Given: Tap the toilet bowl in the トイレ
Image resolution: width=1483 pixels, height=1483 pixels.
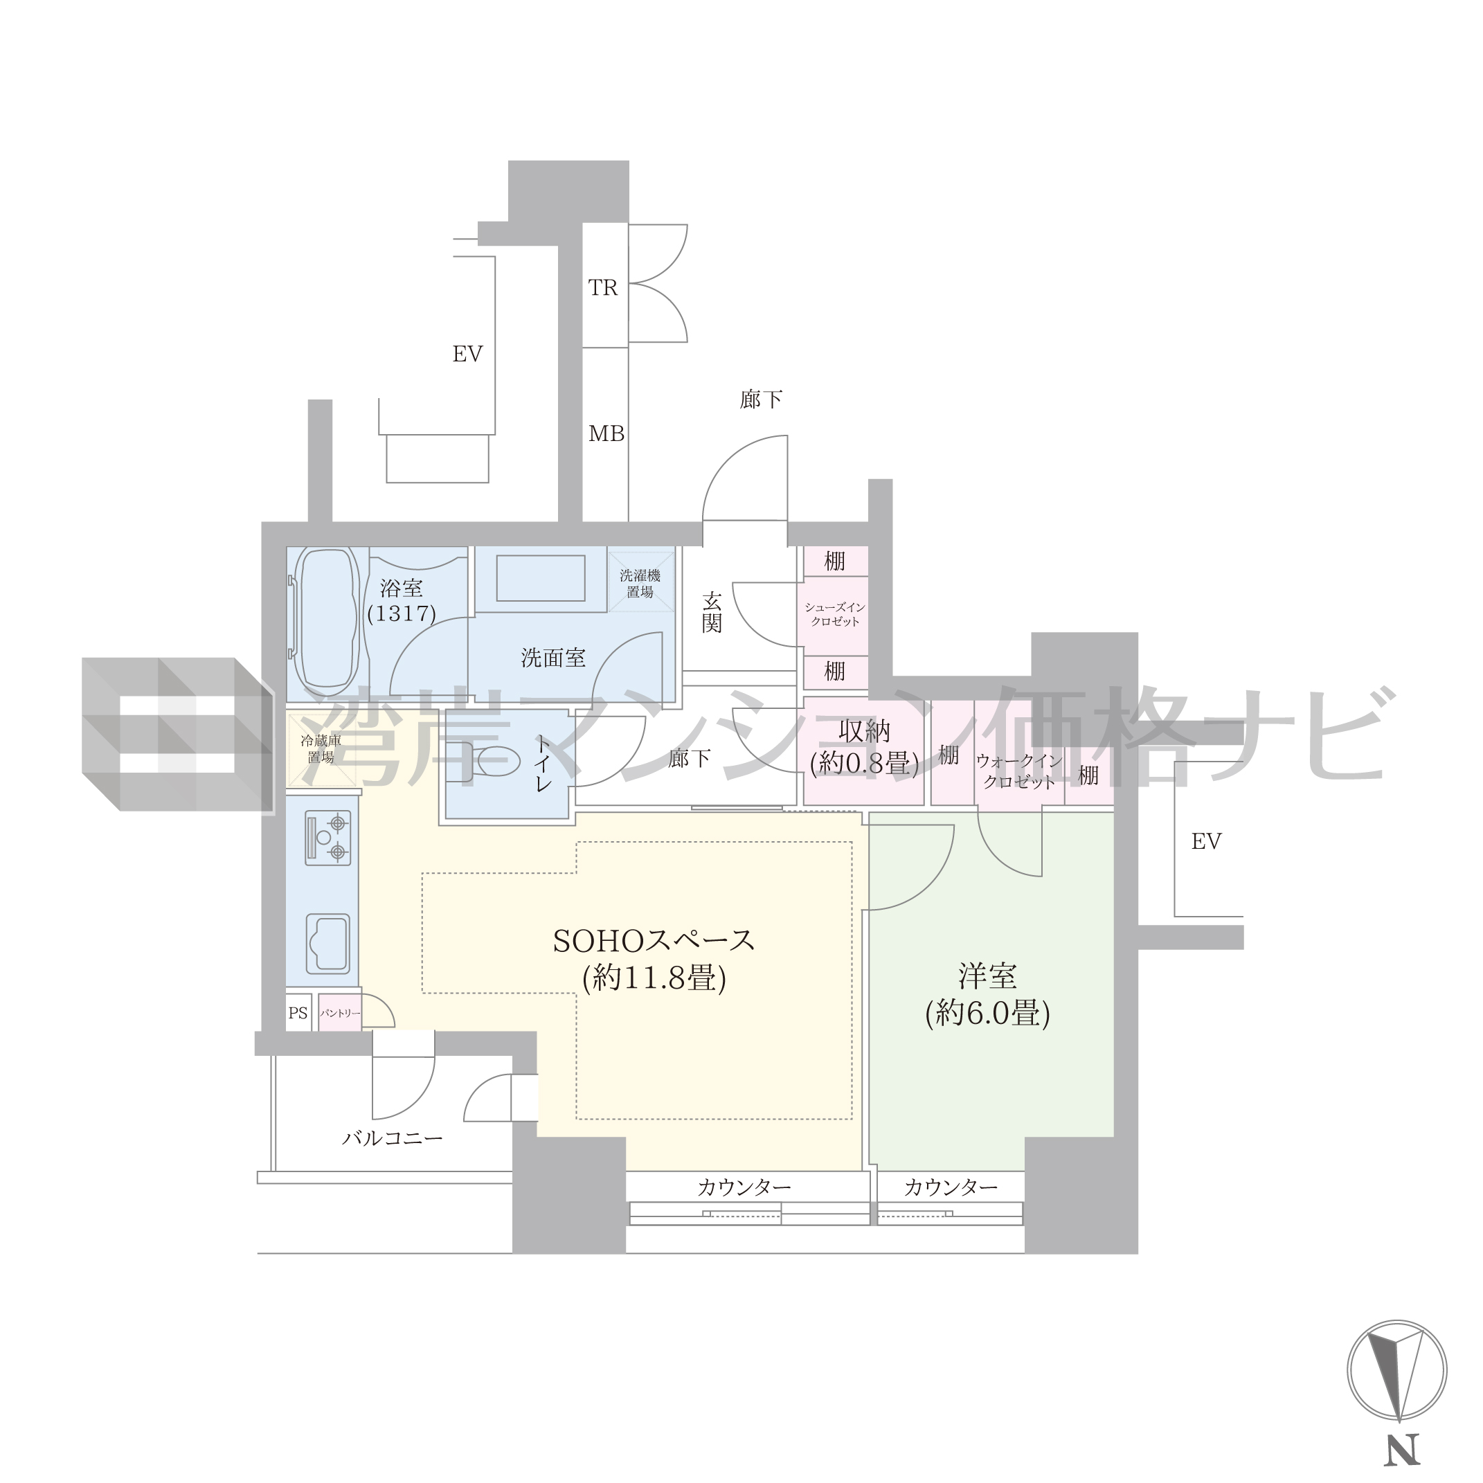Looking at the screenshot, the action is pyautogui.click(x=492, y=761).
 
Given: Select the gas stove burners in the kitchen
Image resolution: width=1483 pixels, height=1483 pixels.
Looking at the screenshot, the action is pyautogui.click(x=329, y=838).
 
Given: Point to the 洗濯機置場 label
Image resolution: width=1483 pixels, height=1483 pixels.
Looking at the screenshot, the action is pyautogui.click(x=640, y=584).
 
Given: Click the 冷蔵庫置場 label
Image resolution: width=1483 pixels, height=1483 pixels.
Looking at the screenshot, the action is pyautogui.click(x=321, y=748).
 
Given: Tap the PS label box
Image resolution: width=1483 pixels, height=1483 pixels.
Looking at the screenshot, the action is pyautogui.click(x=298, y=1013).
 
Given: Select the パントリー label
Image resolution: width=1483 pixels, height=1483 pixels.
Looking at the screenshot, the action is pyautogui.click(x=340, y=1013).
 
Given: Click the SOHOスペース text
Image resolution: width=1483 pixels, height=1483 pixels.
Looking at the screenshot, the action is pyautogui.click(x=654, y=941).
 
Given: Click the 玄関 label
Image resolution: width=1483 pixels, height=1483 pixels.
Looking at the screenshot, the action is pyautogui.click(x=712, y=612).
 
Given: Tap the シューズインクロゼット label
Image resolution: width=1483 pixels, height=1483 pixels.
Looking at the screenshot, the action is pyautogui.click(x=835, y=614).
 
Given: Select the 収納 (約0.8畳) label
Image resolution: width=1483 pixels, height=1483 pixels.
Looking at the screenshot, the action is pyautogui.click(x=864, y=747).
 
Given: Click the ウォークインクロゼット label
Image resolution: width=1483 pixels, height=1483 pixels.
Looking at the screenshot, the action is pyautogui.click(x=1019, y=771).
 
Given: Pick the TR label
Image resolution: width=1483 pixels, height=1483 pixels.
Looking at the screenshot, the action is pyautogui.click(x=603, y=287).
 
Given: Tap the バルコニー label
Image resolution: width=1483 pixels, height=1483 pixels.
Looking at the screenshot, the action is pyautogui.click(x=393, y=1138).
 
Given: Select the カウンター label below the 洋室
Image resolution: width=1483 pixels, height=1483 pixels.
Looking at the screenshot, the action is pyautogui.click(x=951, y=1187).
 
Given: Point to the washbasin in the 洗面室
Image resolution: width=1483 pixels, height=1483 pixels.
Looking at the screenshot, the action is pyautogui.click(x=541, y=579).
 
